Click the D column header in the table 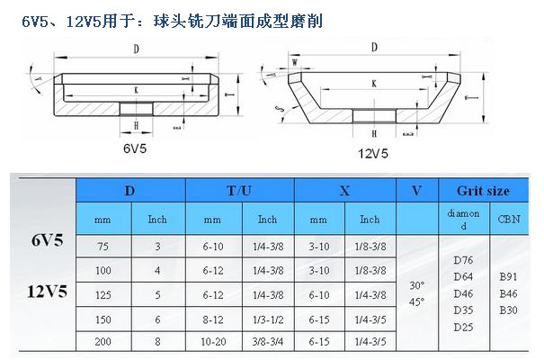click(x=130, y=191)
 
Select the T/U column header click(x=239, y=191)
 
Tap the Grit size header click(x=483, y=191)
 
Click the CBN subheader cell click(x=509, y=219)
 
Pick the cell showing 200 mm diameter click(x=103, y=342)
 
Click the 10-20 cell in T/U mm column click(x=213, y=342)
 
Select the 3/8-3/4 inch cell click(x=267, y=342)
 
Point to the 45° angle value click(x=416, y=302)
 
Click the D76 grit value click(x=463, y=260)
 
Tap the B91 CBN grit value click(x=508, y=276)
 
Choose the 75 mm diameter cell click(x=103, y=247)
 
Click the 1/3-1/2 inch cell click(x=267, y=319)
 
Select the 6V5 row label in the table click(x=48, y=240)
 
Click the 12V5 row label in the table click(x=47, y=292)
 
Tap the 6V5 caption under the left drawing click(x=135, y=148)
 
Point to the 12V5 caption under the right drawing click(x=373, y=153)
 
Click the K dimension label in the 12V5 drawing click(x=374, y=84)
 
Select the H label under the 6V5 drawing click(x=136, y=125)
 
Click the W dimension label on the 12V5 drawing click(x=295, y=63)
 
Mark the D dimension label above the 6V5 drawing click(x=137, y=49)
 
